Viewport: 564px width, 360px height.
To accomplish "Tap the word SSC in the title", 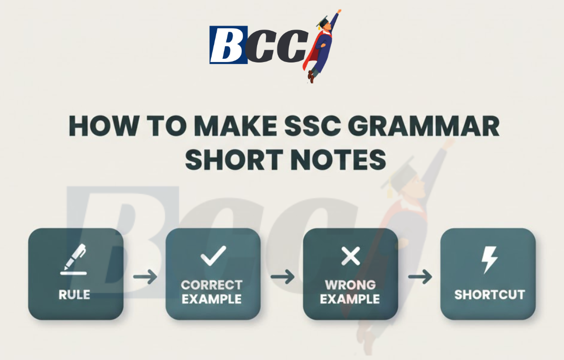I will [324, 126].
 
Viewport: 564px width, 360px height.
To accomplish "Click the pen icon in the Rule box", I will [75, 259].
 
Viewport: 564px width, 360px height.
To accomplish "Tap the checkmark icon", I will [213, 256].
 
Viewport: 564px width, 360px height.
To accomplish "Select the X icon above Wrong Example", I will [350, 256].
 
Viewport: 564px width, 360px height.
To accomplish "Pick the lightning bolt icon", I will [489, 260].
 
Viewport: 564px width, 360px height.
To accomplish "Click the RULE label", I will [75, 295].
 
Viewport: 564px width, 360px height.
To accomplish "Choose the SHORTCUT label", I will [489, 295].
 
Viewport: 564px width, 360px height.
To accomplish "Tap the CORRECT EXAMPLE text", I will [212, 292].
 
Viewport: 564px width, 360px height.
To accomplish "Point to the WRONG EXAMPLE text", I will [350, 292].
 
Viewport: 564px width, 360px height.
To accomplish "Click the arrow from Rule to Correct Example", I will [144, 278].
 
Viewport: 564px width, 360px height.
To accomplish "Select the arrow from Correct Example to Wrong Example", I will [282, 278].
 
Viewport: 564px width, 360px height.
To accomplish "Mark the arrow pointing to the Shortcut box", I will [420, 278].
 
